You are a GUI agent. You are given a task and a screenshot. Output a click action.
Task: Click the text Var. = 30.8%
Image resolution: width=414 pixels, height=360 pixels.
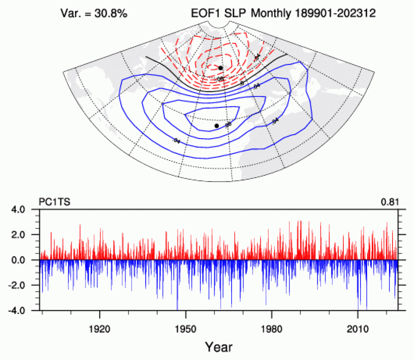(94, 14)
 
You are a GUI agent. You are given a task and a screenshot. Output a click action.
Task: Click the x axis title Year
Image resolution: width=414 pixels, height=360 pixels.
(219, 347)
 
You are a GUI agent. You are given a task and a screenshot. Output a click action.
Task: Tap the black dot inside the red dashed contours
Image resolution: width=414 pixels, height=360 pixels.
(220, 68)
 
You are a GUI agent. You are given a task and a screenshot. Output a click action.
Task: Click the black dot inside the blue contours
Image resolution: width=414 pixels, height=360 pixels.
(216, 126)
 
